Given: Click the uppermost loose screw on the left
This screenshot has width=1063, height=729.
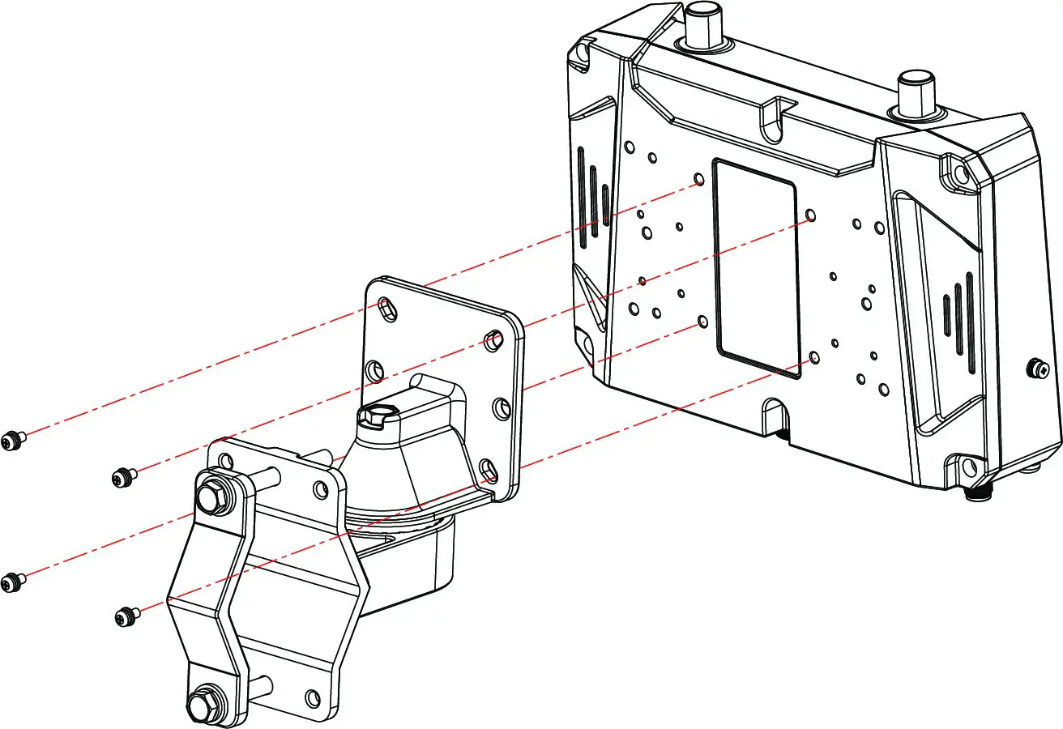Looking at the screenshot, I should coord(11,441).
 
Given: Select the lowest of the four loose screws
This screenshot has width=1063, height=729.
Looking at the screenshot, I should coord(124,617).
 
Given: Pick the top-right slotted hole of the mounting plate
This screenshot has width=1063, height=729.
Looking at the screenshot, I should coord(492,338).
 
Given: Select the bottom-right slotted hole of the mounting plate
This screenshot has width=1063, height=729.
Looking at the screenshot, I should coord(488,468).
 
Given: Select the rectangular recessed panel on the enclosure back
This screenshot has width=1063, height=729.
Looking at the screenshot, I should coord(756,267).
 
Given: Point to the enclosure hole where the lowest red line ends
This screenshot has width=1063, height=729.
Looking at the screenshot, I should coord(813,357).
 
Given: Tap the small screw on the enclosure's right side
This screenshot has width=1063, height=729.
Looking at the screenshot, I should coord(1035,369).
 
